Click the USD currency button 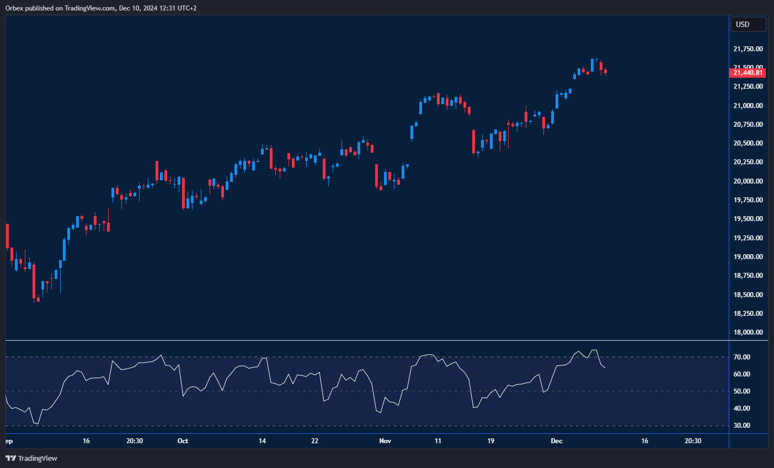click(748, 24)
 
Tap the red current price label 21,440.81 click(748, 73)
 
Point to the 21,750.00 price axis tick click(748, 49)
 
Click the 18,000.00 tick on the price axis click(748, 332)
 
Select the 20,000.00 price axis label click(748, 181)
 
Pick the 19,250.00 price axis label click(748, 238)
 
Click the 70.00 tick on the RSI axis click(742, 357)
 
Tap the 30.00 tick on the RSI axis click(742, 426)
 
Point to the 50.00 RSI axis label click(742, 391)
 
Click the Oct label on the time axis click(183, 441)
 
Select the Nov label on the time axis click(385, 441)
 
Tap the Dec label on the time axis click(557, 441)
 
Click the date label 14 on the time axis click(262, 441)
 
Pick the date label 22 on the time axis click(314, 441)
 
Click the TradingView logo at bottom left click(31, 458)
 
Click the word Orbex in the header click(14, 8)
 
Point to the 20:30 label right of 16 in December click(693, 441)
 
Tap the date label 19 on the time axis click(490, 441)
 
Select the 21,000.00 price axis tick click(748, 106)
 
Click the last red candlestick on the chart click(605, 71)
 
